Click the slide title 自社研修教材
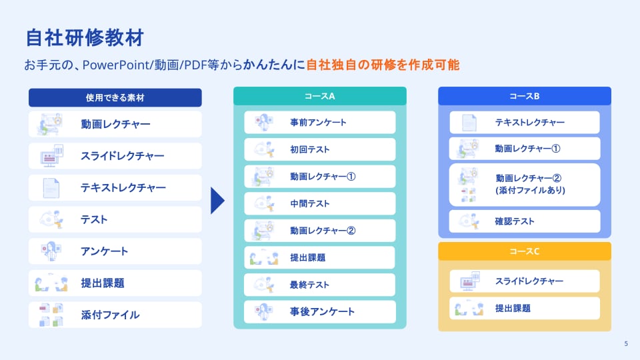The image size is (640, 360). point(85,38)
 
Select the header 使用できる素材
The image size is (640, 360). point(115,97)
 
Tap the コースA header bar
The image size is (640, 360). point(319,96)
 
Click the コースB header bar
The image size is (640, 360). point(524,96)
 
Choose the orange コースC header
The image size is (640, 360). point(524,251)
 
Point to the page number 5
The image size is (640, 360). point(625,344)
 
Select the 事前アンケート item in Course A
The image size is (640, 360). point(318,123)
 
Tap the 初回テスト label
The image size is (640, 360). point(309,150)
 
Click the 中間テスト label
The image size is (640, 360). point(309,204)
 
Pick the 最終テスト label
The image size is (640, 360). point(309,285)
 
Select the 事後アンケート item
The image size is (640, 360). point(323,311)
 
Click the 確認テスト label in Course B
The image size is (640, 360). point(515,221)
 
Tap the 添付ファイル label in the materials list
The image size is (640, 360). point(110,315)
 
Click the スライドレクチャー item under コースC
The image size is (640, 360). point(529,281)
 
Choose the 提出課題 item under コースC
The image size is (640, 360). point(513,308)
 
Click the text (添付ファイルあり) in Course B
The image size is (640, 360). point(531,191)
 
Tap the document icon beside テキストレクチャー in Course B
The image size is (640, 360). point(469,123)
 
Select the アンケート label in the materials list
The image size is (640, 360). point(105,251)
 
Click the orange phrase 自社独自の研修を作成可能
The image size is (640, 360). point(383,65)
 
